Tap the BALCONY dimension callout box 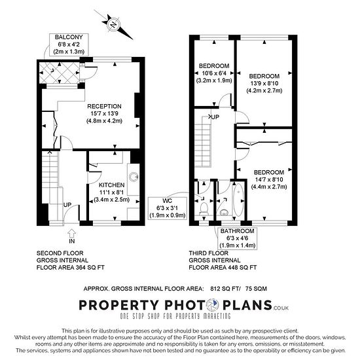tap(69, 45)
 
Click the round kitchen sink tap(134, 177)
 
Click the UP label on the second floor tap(67, 205)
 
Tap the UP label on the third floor tap(215, 117)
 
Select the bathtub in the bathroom tap(238, 199)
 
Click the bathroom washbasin tap(224, 212)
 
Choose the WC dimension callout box tap(168, 208)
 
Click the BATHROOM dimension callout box tap(238, 238)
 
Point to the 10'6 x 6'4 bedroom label tap(214, 73)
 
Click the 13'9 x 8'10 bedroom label tap(264, 83)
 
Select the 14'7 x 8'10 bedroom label tap(269, 179)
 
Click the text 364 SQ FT tap(91, 268)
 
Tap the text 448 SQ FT tap(243, 268)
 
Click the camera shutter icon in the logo tap(213, 305)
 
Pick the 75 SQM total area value tap(256, 289)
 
